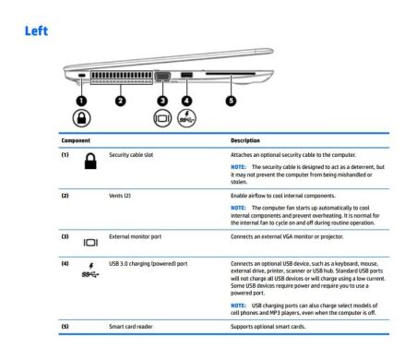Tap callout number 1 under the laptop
[80, 99]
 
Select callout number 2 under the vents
[118, 99]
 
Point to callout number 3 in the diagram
[162, 99]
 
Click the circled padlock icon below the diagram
[80, 118]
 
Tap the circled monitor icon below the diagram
[162, 119]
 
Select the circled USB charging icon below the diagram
[187, 119]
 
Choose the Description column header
[244, 141]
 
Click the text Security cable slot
[131, 154]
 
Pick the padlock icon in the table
[91, 162]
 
